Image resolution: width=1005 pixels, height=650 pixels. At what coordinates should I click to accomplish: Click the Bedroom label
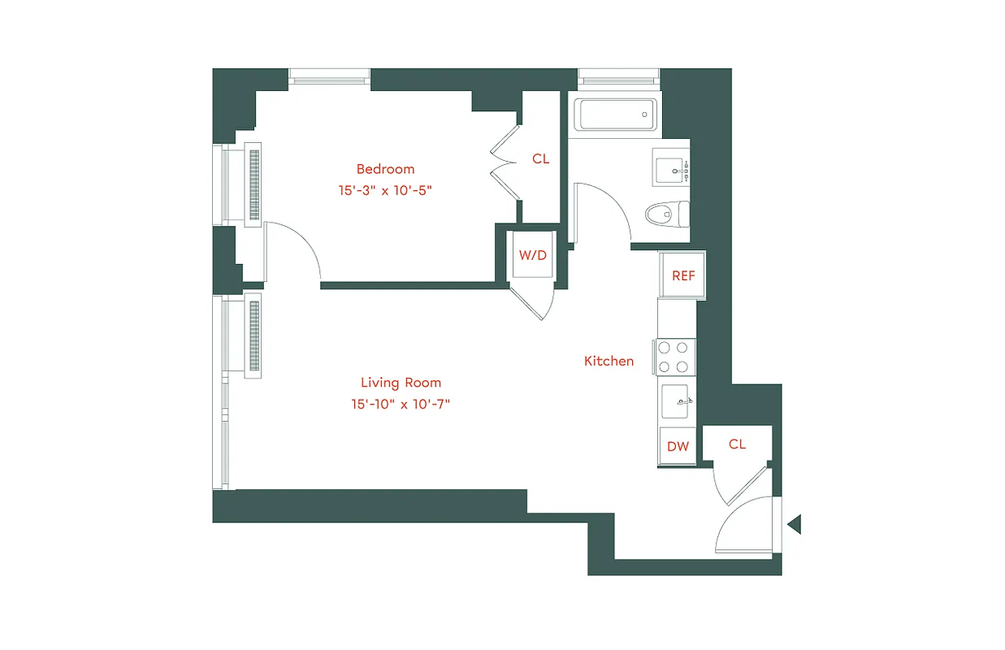point(385,169)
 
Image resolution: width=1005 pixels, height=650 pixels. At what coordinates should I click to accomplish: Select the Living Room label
point(401,383)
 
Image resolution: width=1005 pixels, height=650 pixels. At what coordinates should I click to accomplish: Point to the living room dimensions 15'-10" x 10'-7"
point(401,404)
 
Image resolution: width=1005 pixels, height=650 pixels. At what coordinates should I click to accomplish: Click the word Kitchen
point(609,361)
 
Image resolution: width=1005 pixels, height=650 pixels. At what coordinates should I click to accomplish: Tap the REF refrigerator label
point(683,275)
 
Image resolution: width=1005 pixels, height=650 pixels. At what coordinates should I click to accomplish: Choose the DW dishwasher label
point(678,446)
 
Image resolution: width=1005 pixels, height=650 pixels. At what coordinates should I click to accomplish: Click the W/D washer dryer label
point(533,255)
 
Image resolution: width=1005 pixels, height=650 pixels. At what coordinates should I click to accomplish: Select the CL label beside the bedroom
point(540,159)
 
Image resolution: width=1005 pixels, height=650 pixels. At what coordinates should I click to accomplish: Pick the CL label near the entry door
point(737,444)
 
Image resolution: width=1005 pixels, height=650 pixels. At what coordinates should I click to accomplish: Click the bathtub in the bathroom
point(615,115)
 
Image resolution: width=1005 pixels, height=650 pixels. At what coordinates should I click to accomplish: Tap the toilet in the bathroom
point(666,214)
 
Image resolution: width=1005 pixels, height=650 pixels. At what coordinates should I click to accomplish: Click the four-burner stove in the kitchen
point(674,357)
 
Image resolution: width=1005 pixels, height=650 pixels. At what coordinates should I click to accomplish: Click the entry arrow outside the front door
point(794,524)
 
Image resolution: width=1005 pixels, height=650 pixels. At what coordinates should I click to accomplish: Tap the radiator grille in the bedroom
point(253,183)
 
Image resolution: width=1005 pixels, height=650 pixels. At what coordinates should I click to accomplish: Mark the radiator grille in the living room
point(253,336)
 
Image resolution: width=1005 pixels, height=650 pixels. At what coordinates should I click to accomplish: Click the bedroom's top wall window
point(330,78)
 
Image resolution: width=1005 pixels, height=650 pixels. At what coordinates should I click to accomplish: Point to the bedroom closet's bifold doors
point(505,159)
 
